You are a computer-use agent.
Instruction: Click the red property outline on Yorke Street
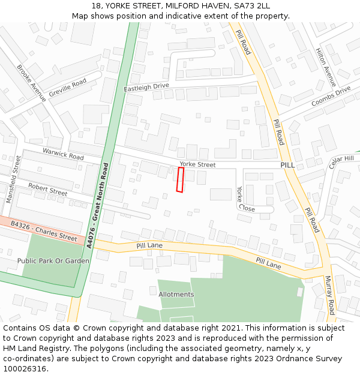[x=180, y=180]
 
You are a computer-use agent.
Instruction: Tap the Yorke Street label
[x=197, y=164]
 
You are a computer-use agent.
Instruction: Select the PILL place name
[x=287, y=164]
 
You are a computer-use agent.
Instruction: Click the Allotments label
[x=176, y=295]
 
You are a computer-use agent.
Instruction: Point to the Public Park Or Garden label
[x=53, y=261]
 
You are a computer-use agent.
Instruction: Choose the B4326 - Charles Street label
[x=43, y=231]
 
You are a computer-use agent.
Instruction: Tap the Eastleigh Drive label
[x=146, y=87]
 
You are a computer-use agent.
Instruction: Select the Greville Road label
[x=67, y=88]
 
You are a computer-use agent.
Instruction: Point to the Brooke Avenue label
[x=31, y=83]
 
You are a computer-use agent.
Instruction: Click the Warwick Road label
[x=63, y=154]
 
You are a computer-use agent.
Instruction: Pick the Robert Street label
[x=47, y=190]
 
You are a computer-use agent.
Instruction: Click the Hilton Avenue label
[x=326, y=67]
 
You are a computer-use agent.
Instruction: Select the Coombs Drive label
[x=331, y=97]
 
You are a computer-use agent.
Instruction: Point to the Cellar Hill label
[x=342, y=162]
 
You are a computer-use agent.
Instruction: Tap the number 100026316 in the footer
[x=24, y=368]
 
